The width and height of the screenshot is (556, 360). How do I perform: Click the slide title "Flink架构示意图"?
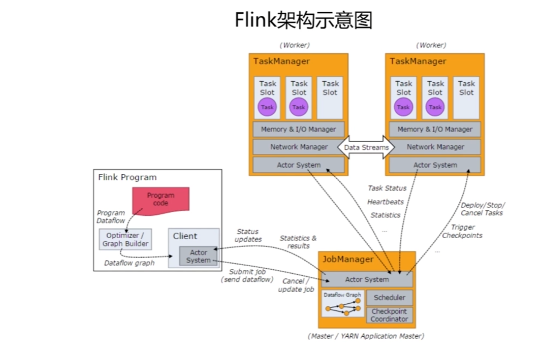(x=303, y=21)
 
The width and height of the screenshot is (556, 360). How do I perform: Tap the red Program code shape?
(x=160, y=200)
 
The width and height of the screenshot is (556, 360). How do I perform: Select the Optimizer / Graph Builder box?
(x=125, y=240)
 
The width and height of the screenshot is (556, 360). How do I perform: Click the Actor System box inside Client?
(x=198, y=256)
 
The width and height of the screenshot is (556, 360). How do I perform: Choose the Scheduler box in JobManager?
(x=389, y=297)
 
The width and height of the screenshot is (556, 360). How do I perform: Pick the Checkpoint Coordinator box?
(x=389, y=315)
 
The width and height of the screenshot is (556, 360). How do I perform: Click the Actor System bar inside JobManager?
(x=367, y=279)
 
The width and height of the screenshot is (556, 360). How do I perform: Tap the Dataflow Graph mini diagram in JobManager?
(x=343, y=304)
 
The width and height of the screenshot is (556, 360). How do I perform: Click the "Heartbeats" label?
(x=385, y=202)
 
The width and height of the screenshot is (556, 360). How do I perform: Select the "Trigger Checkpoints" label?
(x=462, y=231)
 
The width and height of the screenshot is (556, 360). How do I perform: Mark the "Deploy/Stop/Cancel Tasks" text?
(x=482, y=209)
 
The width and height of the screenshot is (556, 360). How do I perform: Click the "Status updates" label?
(x=248, y=235)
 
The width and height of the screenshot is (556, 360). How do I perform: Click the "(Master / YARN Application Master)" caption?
(x=366, y=336)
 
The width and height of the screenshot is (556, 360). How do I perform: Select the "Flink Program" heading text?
(x=127, y=177)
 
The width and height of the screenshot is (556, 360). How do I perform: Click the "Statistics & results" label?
(x=298, y=242)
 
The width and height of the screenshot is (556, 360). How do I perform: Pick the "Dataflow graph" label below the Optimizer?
(x=129, y=262)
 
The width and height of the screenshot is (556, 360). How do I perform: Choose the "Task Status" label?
(x=387, y=188)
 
